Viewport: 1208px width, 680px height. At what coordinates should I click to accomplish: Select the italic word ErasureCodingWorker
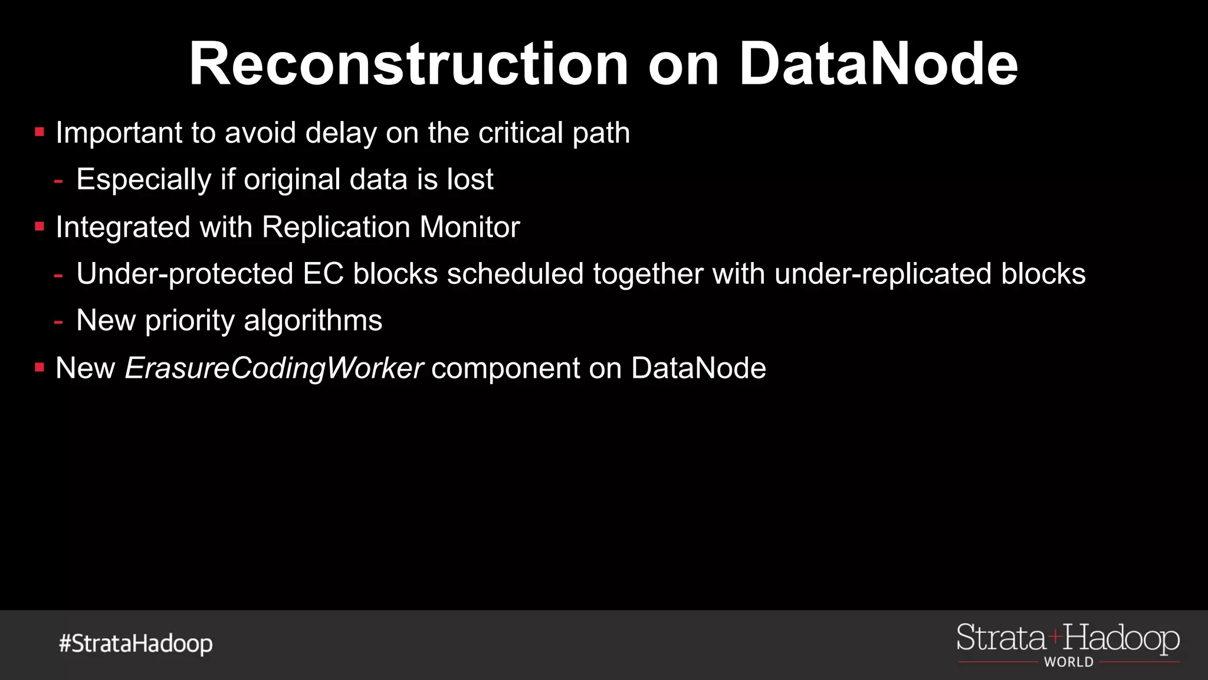(274, 368)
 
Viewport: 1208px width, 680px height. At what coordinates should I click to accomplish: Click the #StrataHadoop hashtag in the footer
(136, 643)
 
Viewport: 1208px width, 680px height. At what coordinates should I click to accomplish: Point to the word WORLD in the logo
(1068, 662)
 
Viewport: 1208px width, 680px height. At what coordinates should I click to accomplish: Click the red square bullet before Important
(40, 132)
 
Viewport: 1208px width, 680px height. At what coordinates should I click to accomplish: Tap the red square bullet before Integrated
(40, 227)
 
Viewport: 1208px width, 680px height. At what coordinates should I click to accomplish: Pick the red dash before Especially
(58, 181)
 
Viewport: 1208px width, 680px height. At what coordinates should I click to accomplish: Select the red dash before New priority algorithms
(58, 322)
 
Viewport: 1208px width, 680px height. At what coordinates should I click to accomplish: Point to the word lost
(470, 179)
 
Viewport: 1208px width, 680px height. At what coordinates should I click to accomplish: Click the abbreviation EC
(323, 274)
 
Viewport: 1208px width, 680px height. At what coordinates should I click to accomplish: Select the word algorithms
(313, 321)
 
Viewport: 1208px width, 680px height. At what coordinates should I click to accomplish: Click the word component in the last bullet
(505, 368)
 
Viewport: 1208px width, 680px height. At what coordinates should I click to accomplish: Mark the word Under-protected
(185, 274)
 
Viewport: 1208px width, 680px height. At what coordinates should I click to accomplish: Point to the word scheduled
(515, 274)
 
